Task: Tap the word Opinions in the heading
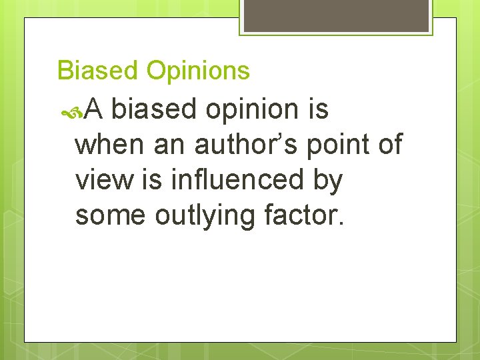click(x=197, y=71)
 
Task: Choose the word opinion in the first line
click(x=252, y=110)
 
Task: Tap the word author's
click(x=247, y=144)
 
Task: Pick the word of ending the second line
click(x=388, y=144)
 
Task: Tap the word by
click(x=327, y=181)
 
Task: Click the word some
click(x=109, y=215)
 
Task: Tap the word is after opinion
click(x=319, y=109)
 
